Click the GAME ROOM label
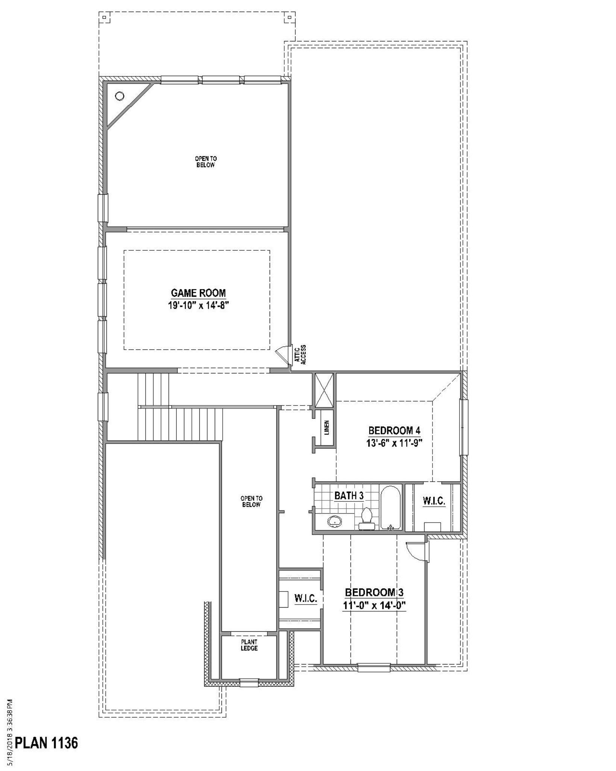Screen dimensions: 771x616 pos(198,293)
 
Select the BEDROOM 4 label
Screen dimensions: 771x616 pos(394,430)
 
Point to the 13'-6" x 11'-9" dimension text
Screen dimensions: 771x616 pos(394,443)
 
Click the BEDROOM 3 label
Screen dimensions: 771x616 pos(374,592)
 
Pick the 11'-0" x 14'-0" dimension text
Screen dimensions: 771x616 pos(374,606)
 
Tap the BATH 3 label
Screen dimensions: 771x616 pos(349,495)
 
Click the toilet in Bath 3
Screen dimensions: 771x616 pos(366,519)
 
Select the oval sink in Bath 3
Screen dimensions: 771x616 pos(335,521)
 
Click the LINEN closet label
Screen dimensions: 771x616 pos(326,428)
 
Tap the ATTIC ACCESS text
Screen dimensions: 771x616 pos(300,355)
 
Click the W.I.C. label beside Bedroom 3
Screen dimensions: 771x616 pos(306,598)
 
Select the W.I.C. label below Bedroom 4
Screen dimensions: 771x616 pos(434,501)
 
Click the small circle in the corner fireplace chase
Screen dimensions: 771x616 pos(120,96)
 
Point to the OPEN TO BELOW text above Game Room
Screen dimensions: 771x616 pos(206,162)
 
